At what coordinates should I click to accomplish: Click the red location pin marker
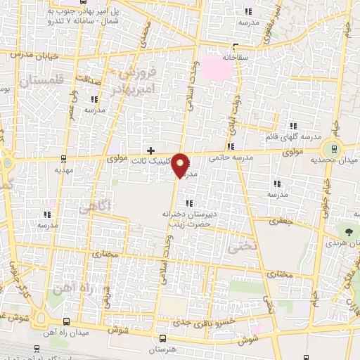point(181,165)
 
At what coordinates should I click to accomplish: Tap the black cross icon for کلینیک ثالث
point(150,150)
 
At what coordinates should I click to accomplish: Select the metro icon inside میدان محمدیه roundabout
point(333,148)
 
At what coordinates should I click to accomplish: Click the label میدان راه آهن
point(67,331)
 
